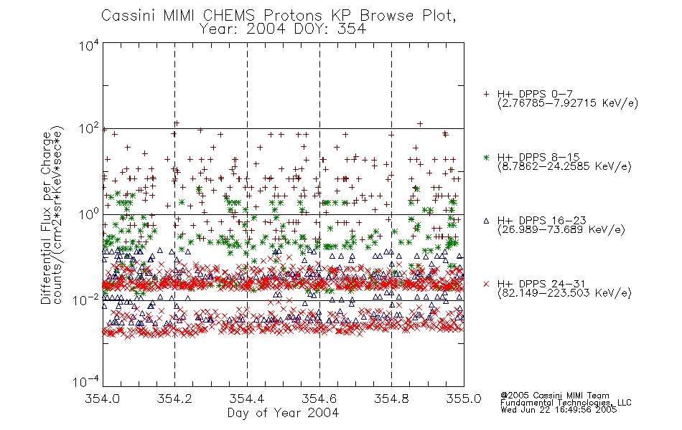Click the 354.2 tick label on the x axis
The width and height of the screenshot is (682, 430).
[x=174, y=398]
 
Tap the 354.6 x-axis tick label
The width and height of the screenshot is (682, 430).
[x=319, y=398]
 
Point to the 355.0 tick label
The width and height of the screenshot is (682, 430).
[x=464, y=398]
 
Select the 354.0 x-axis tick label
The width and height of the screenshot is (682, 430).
[x=103, y=398]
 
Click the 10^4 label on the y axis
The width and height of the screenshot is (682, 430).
[x=89, y=45]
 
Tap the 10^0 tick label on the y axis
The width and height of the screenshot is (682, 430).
[x=89, y=214]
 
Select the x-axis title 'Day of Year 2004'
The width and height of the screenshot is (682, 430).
[x=283, y=413]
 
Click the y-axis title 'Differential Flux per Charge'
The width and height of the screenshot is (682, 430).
[x=46, y=217]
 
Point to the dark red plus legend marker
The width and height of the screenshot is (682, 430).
[x=486, y=94]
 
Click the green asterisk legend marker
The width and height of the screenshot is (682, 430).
[x=486, y=157]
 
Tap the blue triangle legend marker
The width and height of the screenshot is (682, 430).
[x=486, y=221]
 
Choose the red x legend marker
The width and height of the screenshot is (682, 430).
[x=486, y=284]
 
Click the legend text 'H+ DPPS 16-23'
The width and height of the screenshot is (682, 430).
[x=541, y=220]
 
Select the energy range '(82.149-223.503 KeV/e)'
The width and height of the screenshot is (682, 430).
[x=564, y=293]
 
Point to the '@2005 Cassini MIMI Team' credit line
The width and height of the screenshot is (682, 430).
[x=554, y=396]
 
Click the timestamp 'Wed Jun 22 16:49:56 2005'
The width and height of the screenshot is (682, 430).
[x=559, y=410]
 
